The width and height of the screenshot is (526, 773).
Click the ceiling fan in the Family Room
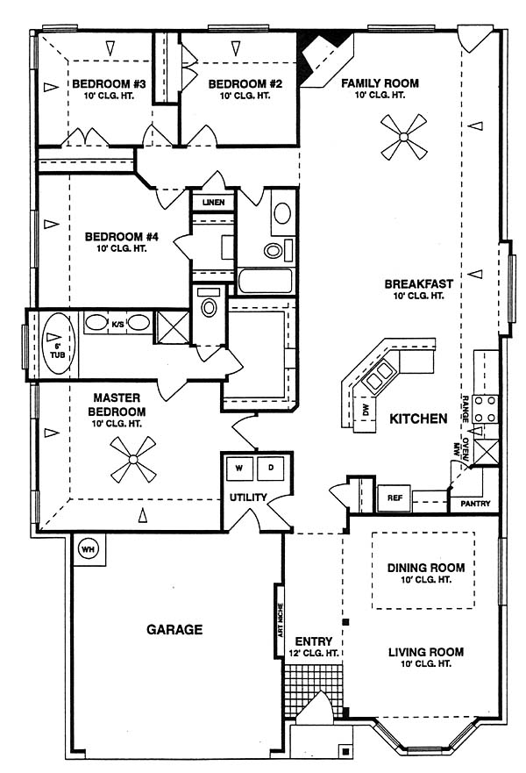click(x=404, y=137)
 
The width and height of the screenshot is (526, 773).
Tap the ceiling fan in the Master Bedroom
click(x=132, y=460)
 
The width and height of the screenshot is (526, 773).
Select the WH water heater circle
click(x=88, y=549)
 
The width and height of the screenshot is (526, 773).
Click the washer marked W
click(x=238, y=468)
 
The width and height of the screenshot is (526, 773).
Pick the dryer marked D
click(x=270, y=468)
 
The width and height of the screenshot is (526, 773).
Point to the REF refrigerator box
click(x=394, y=497)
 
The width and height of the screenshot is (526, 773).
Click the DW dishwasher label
click(x=365, y=410)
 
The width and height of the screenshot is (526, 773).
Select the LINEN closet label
click(x=213, y=202)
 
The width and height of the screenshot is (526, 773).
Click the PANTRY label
click(x=475, y=504)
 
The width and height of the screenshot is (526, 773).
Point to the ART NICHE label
click(x=281, y=620)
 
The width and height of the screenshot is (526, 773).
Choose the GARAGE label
click(x=174, y=629)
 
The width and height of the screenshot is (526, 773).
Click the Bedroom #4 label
click(x=122, y=241)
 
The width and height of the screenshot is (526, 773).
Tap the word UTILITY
click(x=248, y=497)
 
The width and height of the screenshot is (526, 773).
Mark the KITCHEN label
click(x=418, y=419)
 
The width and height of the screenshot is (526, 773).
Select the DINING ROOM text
click(x=425, y=568)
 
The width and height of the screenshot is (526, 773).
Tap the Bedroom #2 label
click(x=245, y=89)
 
